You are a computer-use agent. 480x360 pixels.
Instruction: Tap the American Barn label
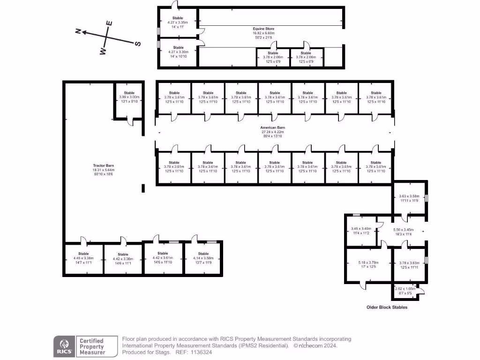[273, 127]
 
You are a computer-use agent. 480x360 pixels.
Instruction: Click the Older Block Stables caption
[387, 307]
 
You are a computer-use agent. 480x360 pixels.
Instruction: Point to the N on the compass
[79, 31]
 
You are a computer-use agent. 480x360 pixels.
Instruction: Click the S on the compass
[138, 44]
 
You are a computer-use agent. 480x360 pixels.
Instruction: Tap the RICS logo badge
[64, 346]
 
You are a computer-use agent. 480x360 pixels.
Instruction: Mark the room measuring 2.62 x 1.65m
[405, 291]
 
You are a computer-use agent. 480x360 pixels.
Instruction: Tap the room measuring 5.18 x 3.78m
[367, 263]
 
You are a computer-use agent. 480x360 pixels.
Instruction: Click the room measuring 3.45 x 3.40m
[361, 230]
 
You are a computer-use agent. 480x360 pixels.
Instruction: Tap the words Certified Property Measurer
[91, 346]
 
